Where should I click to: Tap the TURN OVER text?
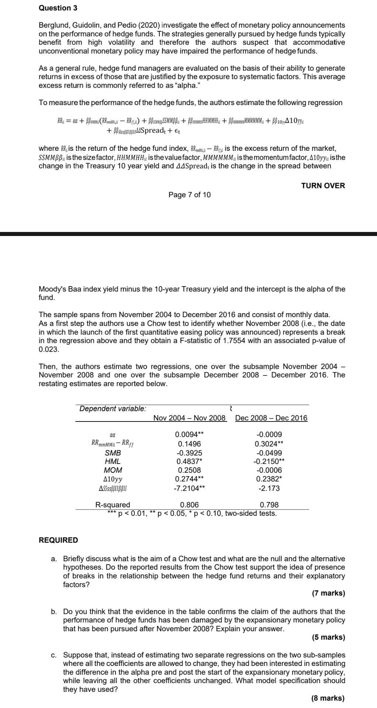click(x=323, y=185)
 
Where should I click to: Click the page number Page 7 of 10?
click(x=189, y=195)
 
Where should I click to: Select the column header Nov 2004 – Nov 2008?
click(x=189, y=418)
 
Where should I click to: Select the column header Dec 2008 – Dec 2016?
click(x=271, y=418)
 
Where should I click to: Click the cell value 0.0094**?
click(x=189, y=435)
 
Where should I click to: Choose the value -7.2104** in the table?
click(x=189, y=488)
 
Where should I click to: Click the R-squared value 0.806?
click(x=189, y=504)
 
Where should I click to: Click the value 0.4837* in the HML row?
click(x=189, y=461)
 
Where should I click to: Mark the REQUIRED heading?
click(x=58, y=540)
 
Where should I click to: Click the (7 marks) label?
click(x=328, y=593)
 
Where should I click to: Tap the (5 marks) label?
click(x=328, y=637)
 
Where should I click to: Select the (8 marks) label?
click(x=328, y=698)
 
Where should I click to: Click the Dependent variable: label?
click(x=113, y=409)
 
